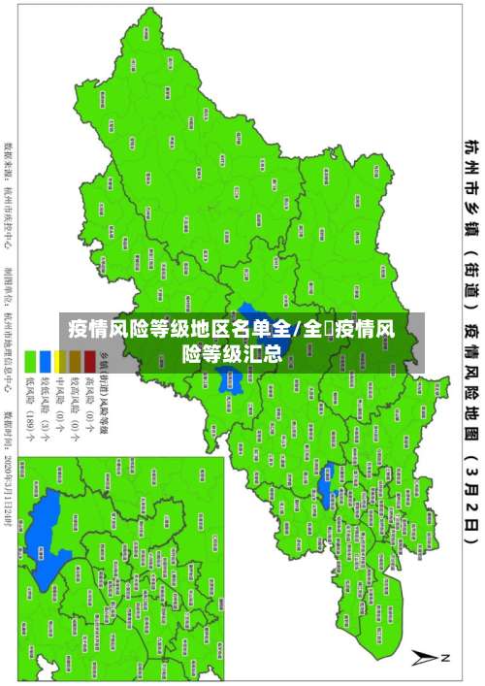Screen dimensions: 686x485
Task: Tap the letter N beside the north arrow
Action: tap(445, 657)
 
